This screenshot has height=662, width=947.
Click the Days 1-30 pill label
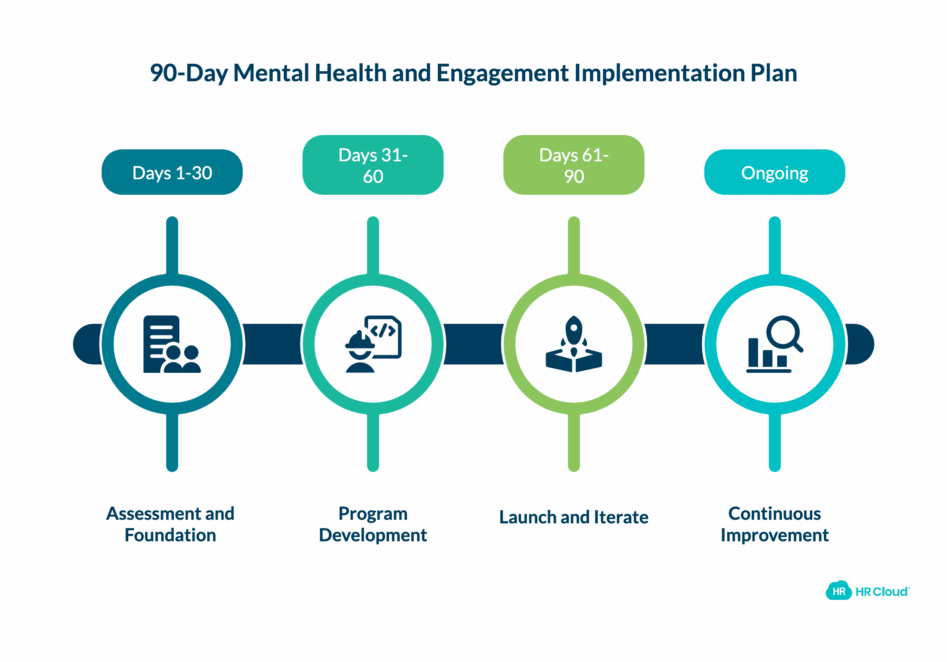(x=172, y=172)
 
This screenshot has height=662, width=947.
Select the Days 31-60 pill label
(x=373, y=165)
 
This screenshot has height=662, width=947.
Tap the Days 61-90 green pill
(x=574, y=165)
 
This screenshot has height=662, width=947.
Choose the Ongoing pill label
(x=774, y=172)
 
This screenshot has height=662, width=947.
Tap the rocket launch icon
(x=574, y=344)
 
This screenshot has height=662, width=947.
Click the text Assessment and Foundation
(x=170, y=524)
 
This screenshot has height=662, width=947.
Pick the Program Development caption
(x=373, y=524)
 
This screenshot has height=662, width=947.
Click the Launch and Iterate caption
(x=574, y=517)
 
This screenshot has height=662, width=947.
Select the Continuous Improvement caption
(x=774, y=524)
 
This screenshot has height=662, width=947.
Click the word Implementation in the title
(x=659, y=73)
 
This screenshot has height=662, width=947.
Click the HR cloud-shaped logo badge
(x=839, y=591)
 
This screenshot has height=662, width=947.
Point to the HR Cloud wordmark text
(x=881, y=591)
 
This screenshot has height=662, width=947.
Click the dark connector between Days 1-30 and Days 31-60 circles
(x=273, y=344)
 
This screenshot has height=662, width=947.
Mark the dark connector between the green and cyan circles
(x=674, y=344)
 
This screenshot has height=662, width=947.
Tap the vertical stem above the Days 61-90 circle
(x=574, y=245)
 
